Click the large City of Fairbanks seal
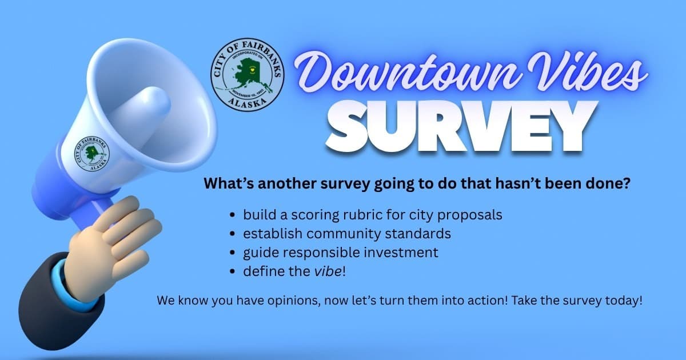tap(247, 75)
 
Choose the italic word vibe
tap(328, 271)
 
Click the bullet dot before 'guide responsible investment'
tap(232, 253)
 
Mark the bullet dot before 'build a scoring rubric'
tap(232, 216)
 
